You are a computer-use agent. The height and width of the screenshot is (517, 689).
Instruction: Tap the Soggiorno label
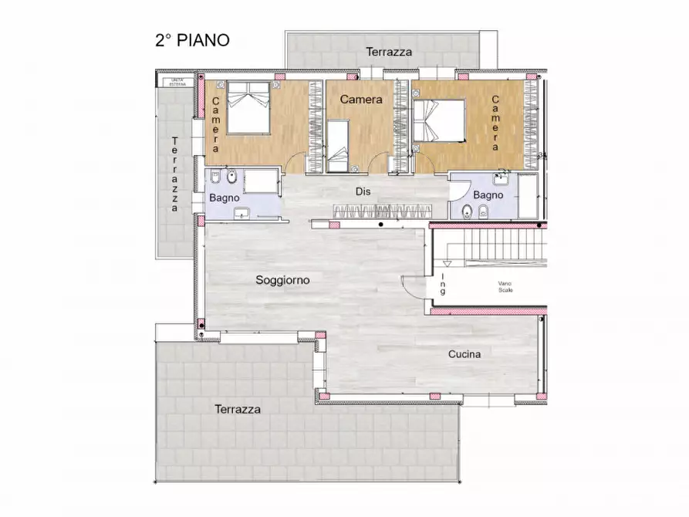[x=282, y=280]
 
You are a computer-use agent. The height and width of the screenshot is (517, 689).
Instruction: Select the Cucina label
[x=464, y=354]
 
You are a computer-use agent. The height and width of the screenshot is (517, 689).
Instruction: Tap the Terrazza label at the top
[x=388, y=52]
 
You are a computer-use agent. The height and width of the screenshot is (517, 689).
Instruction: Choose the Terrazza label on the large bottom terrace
[x=237, y=409]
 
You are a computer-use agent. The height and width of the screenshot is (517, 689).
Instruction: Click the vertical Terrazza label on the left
[x=175, y=174]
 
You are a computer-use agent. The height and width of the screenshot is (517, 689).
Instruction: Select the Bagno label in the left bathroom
[x=224, y=198]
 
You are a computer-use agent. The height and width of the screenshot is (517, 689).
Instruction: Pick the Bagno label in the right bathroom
[x=488, y=195]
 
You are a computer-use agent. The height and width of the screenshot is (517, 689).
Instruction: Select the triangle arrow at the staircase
[x=447, y=262]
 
